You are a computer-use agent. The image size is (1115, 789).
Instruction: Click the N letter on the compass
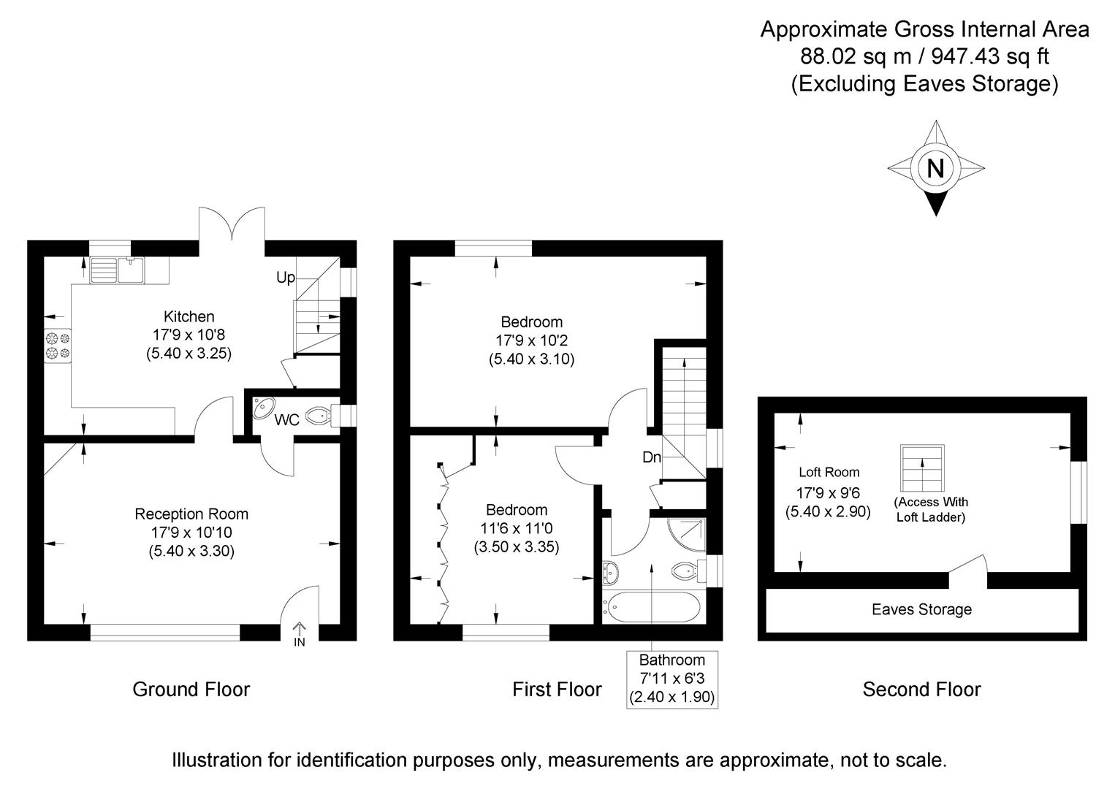pyautogui.click(x=935, y=169)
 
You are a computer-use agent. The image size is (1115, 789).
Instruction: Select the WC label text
pyautogui.click(x=286, y=421)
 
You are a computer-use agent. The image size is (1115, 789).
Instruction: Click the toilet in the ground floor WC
pyautogui.click(x=319, y=416)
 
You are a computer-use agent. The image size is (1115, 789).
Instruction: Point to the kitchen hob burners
pyautogui.click(x=58, y=346)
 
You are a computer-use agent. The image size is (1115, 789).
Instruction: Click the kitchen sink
pyautogui.click(x=118, y=270)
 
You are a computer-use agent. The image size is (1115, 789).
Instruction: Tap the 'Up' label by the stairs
pyautogui.click(x=285, y=278)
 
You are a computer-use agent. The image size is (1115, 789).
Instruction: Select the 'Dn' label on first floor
pyautogui.click(x=652, y=457)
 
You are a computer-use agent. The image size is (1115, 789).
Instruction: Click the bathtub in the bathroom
pyautogui.click(x=652, y=607)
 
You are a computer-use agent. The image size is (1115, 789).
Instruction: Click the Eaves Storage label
pyautogui.click(x=921, y=609)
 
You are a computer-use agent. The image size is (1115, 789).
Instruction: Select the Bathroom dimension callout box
pyautogui.click(x=671, y=679)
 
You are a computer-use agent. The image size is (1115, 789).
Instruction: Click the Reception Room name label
pyautogui.click(x=191, y=514)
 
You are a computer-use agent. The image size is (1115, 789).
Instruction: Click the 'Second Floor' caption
pyautogui.click(x=921, y=689)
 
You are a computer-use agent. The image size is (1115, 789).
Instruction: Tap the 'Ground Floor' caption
pyautogui.click(x=191, y=689)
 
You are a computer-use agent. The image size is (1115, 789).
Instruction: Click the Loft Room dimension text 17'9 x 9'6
pyautogui.click(x=827, y=492)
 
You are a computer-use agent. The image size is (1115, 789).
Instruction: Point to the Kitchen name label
pyautogui.click(x=189, y=316)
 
